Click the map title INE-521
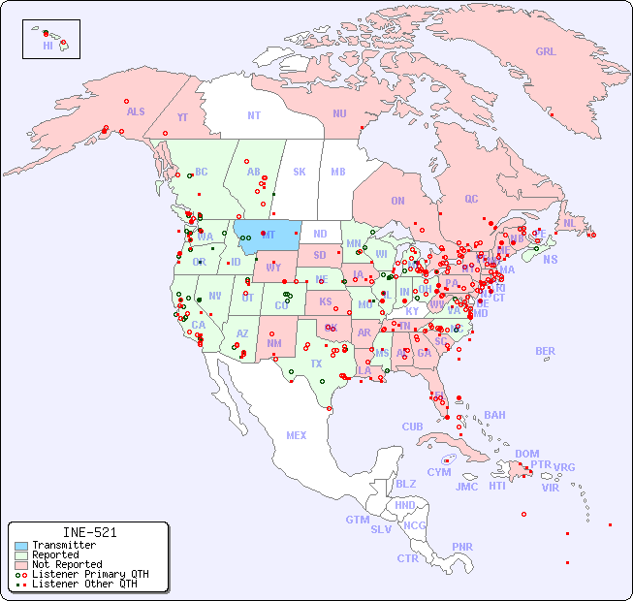[x=89, y=532]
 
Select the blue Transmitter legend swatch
[x=21, y=546]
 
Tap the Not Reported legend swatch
[x=21, y=565]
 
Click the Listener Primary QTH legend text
[x=89, y=574]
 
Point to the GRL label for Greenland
[x=546, y=52]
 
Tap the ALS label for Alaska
[x=136, y=111]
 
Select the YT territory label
[x=182, y=117]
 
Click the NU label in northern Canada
[x=339, y=113]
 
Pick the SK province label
[x=300, y=173]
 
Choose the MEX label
[x=297, y=436]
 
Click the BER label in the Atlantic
[x=546, y=351]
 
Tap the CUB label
[x=412, y=427]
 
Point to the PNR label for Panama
[x=462, y=547]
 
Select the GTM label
[x=357, y=520]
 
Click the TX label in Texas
[x=316, y=364]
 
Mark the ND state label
[x=320, y=234]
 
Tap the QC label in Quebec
[x=471, y=199]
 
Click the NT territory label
[x=254, y=115]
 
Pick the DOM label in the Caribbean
[x=526, y=454]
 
